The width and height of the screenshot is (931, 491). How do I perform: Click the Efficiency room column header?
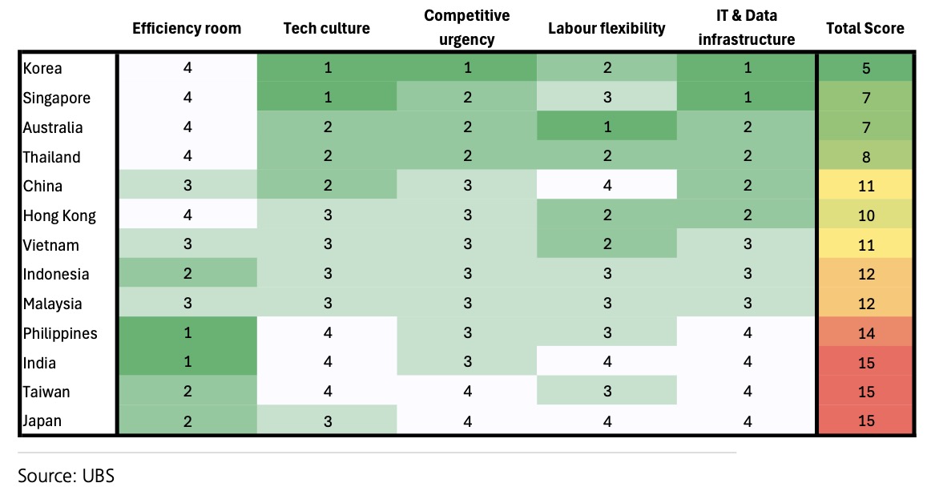click(187, 29)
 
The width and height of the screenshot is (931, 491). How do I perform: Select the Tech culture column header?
click(327, 29)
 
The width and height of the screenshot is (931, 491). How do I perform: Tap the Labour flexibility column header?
click(607, 29)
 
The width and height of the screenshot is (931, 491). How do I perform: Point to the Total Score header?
click(865, 29)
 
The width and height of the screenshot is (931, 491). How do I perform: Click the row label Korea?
click(42, 68)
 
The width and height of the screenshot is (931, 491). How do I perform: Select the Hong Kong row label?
click(59, 215)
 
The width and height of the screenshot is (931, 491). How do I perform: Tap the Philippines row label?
click(60, 333)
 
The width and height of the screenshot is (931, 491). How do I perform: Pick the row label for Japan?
click(42, 421)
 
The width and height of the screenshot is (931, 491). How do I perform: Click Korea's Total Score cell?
click(865, 68)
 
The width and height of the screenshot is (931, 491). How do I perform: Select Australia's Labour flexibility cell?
click(607, 127)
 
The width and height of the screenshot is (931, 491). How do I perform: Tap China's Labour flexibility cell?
click(607, 185)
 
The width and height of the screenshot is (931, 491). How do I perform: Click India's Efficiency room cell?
click(187, 361)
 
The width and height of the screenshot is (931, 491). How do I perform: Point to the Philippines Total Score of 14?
click(865, 332)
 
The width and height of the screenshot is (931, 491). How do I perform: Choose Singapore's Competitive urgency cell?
click(467, 97)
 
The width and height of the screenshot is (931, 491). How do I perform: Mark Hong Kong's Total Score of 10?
click(865, 215)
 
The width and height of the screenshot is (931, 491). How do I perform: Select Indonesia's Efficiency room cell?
click(187, 273)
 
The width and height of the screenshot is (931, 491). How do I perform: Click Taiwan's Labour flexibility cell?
click(607, 391)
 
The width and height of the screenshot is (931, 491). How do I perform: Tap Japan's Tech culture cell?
click(327, 421)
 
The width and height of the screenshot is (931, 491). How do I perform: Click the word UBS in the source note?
click(99, 476)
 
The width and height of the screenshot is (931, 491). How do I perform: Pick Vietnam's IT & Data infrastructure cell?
click(747, 244)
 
